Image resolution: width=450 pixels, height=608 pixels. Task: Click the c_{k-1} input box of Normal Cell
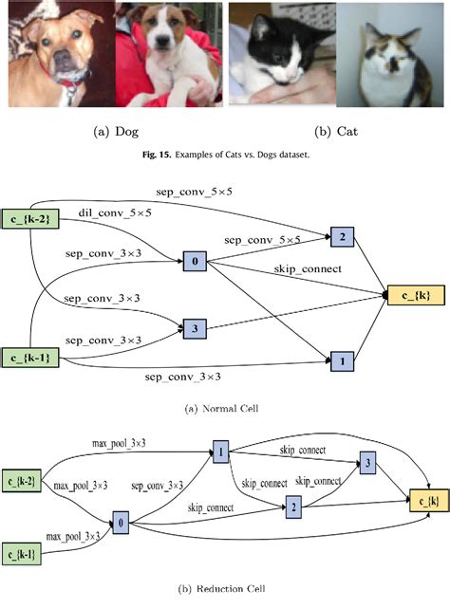pyautogui.click(x=33, y=358)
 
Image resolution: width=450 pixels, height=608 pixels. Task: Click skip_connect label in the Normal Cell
pyautogui.click(x=306, y=271)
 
